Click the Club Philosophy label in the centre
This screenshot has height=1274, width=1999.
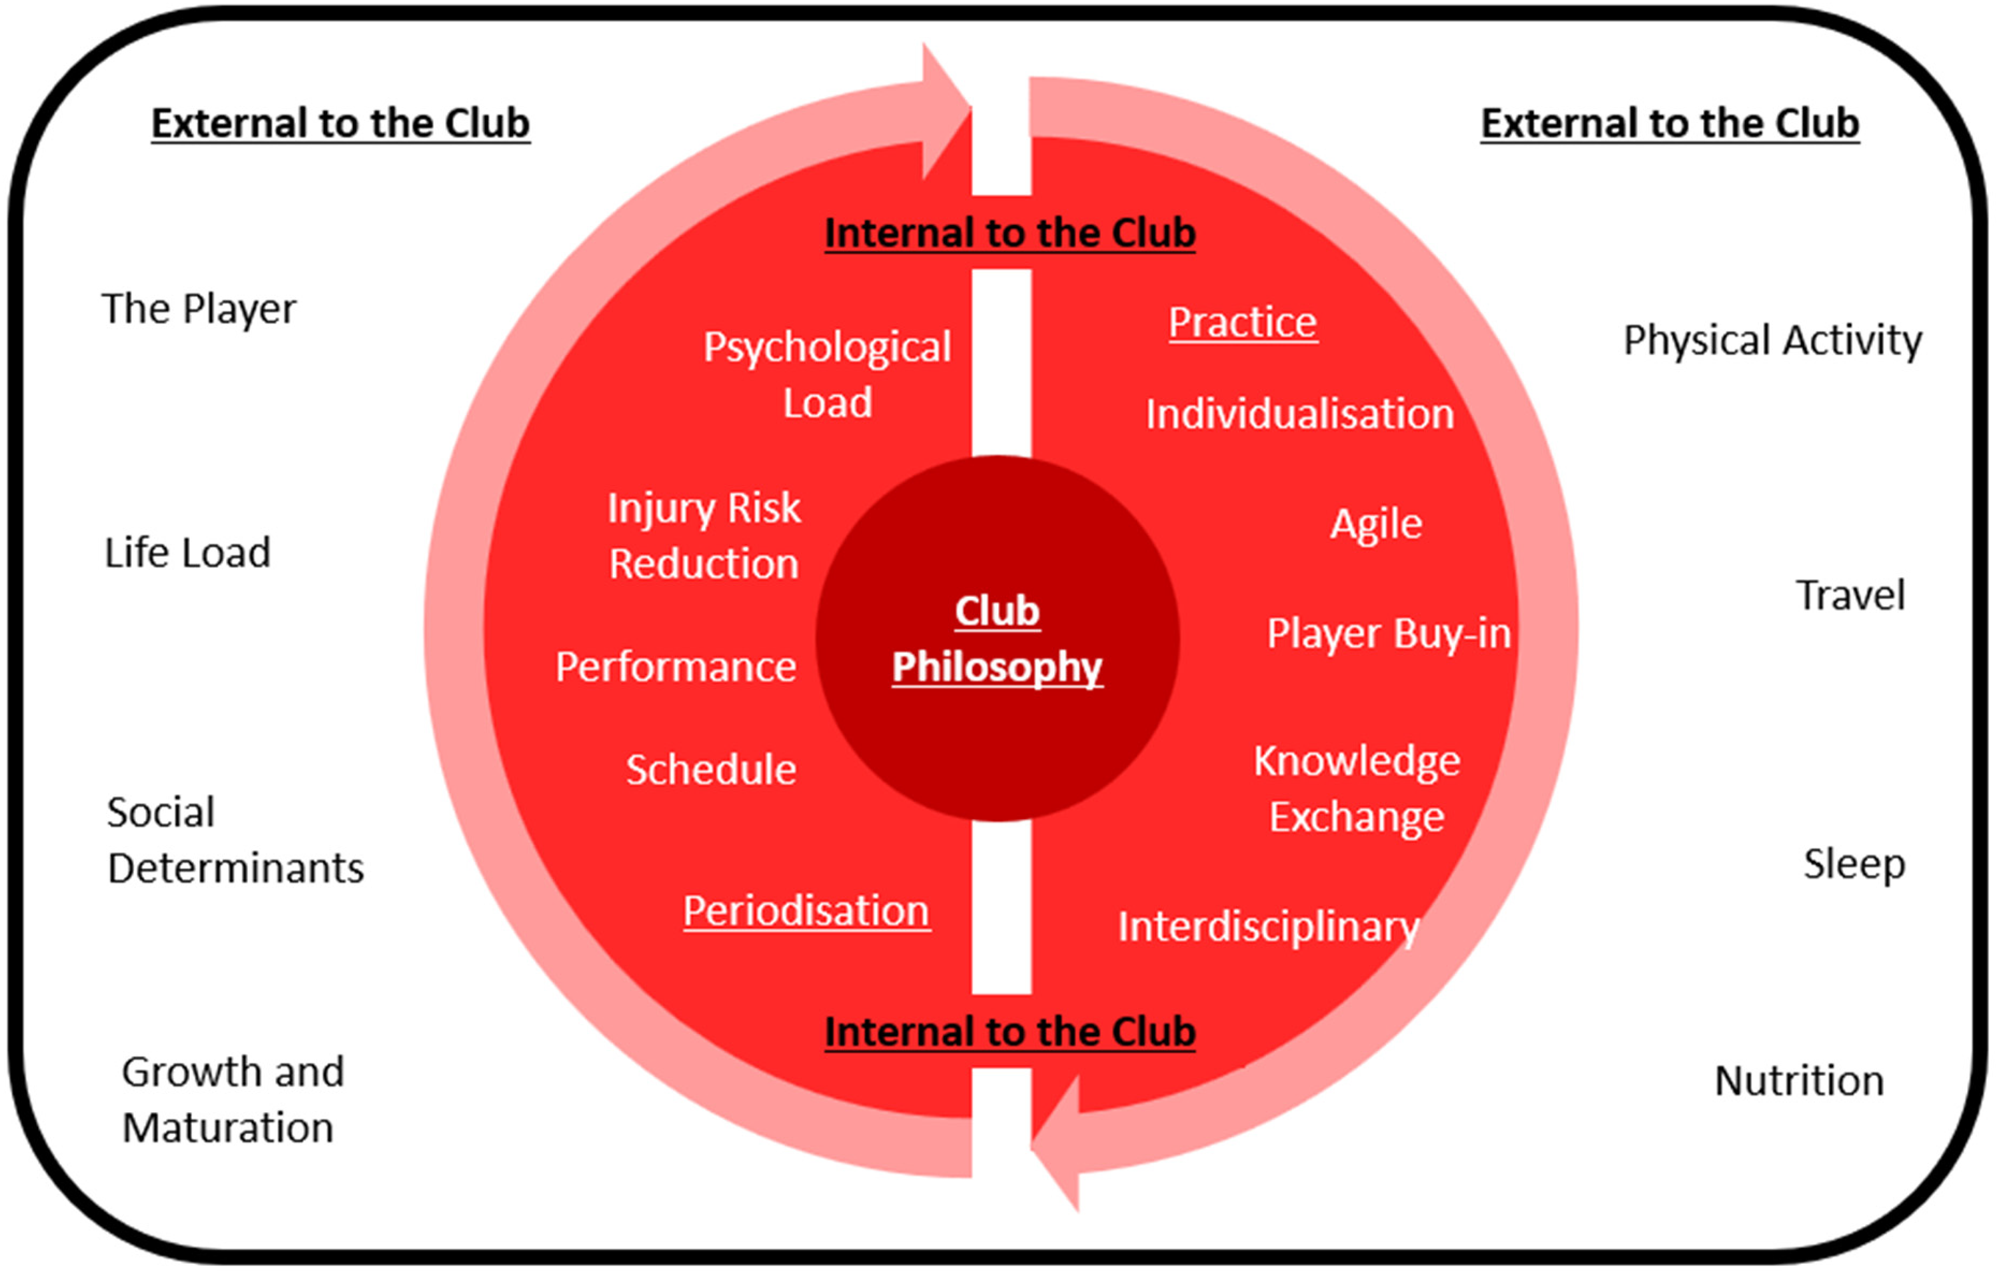[x=997, y=640]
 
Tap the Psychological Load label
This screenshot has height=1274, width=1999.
[x=827, y=375]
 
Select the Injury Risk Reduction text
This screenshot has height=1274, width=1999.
[x=704, y=536]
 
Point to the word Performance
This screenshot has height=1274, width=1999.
[x=676, y=666]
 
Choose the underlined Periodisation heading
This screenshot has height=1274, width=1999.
[x=806, y=912]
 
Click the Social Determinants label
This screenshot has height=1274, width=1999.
[x=236, y=840]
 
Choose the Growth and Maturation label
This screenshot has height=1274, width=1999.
[x=233, y=1099]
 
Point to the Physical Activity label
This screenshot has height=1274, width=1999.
[x=1772, y=341]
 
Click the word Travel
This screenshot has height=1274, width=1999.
[x=1850, y=596]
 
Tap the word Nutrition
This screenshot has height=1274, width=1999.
[x=1799, y=1081]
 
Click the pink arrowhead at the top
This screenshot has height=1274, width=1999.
[x=946, y=111]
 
